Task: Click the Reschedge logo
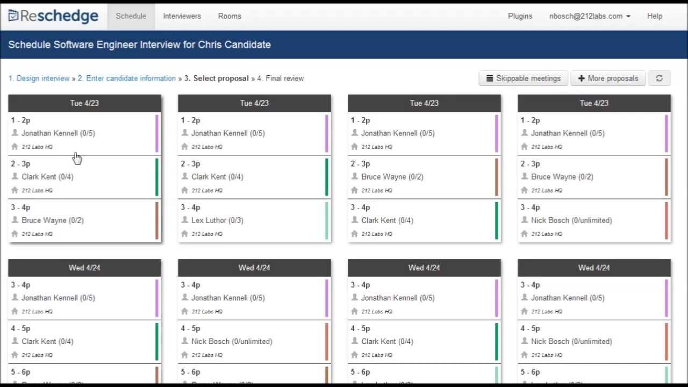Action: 53,16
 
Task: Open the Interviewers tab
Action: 182,16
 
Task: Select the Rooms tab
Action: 230,16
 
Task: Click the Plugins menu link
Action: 520,16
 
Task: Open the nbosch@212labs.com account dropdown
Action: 590,16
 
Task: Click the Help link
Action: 654,16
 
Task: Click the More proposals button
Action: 608,78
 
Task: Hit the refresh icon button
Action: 659,78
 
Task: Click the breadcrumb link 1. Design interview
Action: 39,78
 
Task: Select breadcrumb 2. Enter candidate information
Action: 127,78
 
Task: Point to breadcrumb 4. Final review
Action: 281,78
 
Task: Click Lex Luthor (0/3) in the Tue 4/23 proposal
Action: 217,220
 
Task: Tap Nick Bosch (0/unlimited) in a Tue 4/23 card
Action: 571,220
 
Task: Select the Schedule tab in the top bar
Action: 131,16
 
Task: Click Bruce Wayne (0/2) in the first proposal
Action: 53,220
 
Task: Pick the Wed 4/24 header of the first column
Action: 84,268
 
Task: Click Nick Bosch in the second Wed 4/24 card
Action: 232,341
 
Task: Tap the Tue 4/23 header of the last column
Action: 594,103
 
